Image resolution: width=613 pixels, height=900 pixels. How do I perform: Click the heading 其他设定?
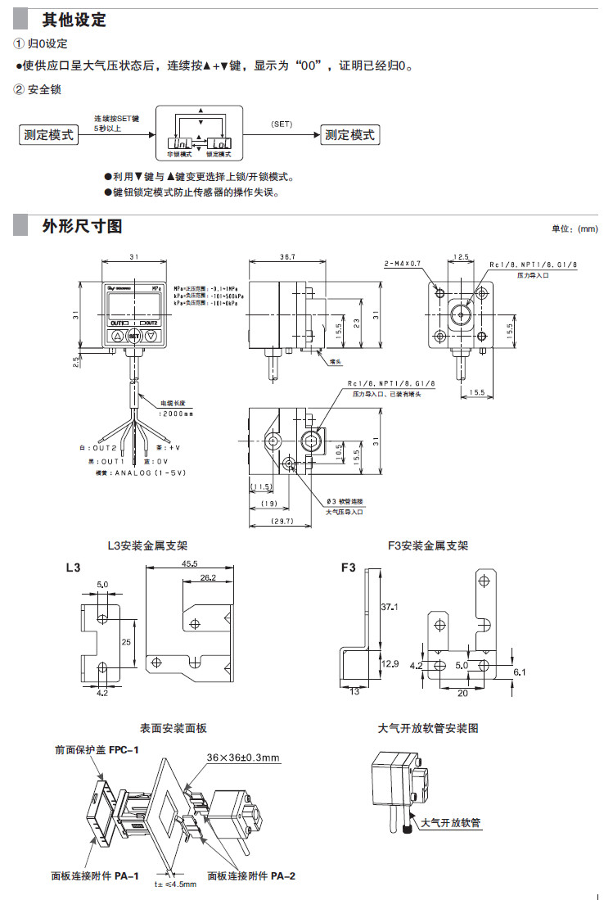pyautogui.click(x=74, y=20)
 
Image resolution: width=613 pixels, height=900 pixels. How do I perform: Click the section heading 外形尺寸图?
pyautogui.click(x=82, y=226)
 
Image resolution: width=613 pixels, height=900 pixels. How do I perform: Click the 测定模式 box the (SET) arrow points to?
pyautogui.click(x=349, y=135)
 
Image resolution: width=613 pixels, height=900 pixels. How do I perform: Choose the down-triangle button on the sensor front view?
pyautogui.click(x=151, y=336)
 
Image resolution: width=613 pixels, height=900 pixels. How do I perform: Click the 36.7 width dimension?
pyautogui.click(x=286, y=257)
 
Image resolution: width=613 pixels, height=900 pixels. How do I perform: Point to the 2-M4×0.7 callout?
pyautogui.click(x=401, y=264)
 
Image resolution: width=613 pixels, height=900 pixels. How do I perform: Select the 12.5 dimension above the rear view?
pyautogui.click(x=461, y=257)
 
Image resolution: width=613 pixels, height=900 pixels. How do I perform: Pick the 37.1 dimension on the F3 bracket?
pyautogui.click(x=390, y=607)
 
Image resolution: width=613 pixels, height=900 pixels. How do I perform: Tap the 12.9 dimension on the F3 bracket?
pyautogui.click(x=390, y=664)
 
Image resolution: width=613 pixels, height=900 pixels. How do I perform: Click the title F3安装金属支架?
pyautogui.click(x=429, y=545)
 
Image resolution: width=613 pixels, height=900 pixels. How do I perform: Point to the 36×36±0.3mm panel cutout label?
pyautogui.click(x=244, y=757)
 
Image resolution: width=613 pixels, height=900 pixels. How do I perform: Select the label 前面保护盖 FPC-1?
pyautogui.click(x=97, y=748)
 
